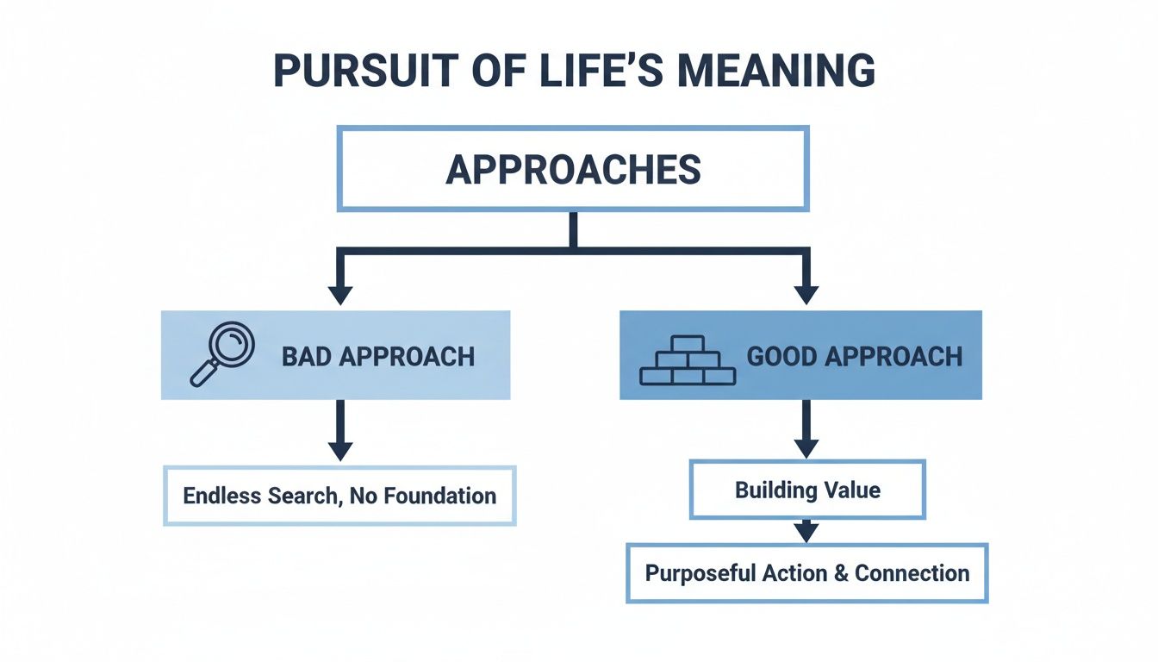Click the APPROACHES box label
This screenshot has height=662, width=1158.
click(x=573, y=170)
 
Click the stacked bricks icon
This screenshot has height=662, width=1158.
click(x=687, y=359)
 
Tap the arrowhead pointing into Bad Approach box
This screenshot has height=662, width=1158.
click(x=340, y=294)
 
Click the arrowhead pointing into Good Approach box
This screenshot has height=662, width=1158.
click(x=805, y=294)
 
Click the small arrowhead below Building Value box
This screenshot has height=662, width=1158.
click(x=805, y=532)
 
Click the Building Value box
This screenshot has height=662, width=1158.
click(x=807, y=490)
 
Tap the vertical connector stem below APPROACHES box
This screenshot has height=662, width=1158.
click(x=573, y=230)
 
